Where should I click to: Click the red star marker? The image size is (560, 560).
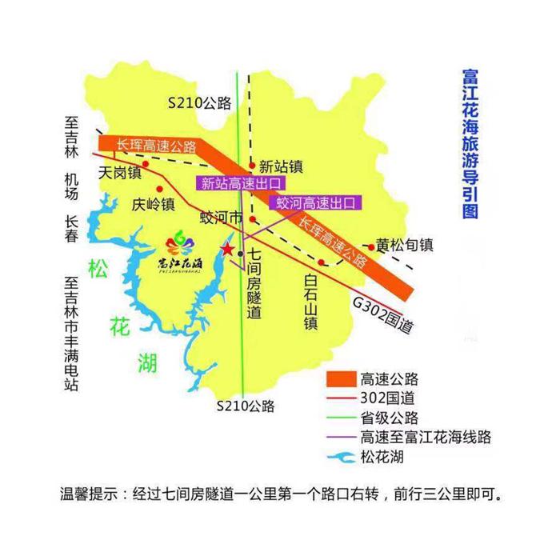point(228,250)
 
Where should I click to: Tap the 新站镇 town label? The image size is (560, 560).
point(281,167)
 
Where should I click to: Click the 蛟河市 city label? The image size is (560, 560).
point(220,218)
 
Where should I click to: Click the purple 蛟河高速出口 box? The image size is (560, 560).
point(314,203)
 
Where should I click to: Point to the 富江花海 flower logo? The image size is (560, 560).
point(180,252)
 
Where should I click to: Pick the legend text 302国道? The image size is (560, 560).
point(388,398)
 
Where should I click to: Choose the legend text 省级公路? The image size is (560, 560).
point(389,418)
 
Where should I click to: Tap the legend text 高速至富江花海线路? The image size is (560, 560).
point(424,438)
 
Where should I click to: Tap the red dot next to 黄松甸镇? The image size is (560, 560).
point(371,247)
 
